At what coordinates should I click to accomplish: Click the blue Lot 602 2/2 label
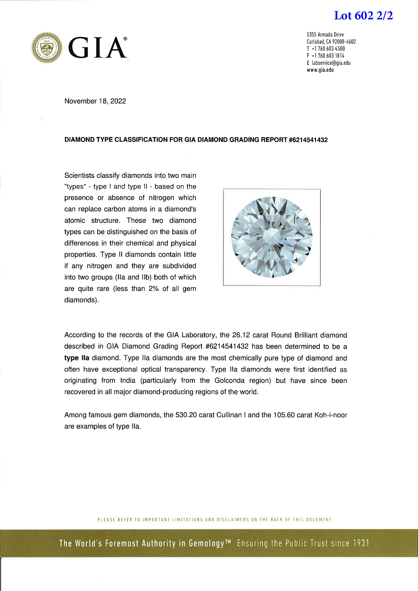(363, 16)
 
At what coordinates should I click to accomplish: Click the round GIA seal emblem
(47, 48)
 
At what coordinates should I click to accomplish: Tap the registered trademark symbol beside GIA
(125, 39)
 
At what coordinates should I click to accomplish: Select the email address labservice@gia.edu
(331, 63)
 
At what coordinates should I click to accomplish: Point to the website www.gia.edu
(320, 70)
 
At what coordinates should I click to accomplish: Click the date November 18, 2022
(95, 101)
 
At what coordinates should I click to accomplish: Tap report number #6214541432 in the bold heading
(308, 140)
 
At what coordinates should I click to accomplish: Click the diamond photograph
(272, 237)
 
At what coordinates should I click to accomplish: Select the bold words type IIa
(77, 358)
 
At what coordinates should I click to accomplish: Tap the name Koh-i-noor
(330, 415)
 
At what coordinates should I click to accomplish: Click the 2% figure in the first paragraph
(154, 289)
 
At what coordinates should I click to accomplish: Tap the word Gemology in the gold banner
(206, 543)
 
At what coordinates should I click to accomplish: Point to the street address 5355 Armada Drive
(325, 35)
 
